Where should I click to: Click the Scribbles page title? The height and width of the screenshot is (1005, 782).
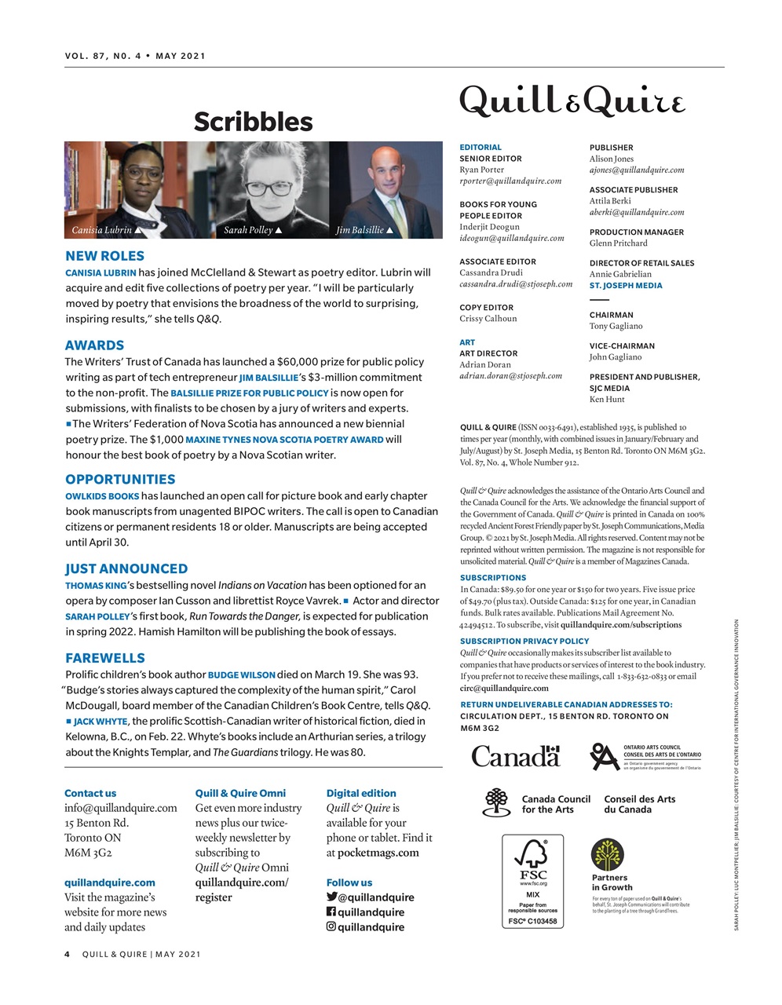253,122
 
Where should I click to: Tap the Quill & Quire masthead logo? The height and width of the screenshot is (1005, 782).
572,102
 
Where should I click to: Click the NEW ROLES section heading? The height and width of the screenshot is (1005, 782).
104,256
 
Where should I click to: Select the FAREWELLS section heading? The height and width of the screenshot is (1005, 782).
104,658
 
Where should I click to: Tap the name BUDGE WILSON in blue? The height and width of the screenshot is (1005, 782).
242,674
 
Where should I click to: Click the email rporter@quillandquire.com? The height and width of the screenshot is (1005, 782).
510,181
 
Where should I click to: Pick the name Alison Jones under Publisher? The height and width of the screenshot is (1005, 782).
612,159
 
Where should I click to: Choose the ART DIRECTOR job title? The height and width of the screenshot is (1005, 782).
488,353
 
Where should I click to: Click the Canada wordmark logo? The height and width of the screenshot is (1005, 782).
516,756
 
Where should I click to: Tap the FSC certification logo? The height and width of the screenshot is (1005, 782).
532,881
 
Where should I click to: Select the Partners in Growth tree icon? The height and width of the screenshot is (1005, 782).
607,854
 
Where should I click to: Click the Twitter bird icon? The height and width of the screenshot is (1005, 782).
331,897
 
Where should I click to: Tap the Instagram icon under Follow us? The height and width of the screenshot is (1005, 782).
331,926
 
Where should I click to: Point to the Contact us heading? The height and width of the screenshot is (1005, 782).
90,793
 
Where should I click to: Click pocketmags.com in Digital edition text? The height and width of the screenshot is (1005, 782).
378,853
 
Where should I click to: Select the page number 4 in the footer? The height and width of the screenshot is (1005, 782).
68,955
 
